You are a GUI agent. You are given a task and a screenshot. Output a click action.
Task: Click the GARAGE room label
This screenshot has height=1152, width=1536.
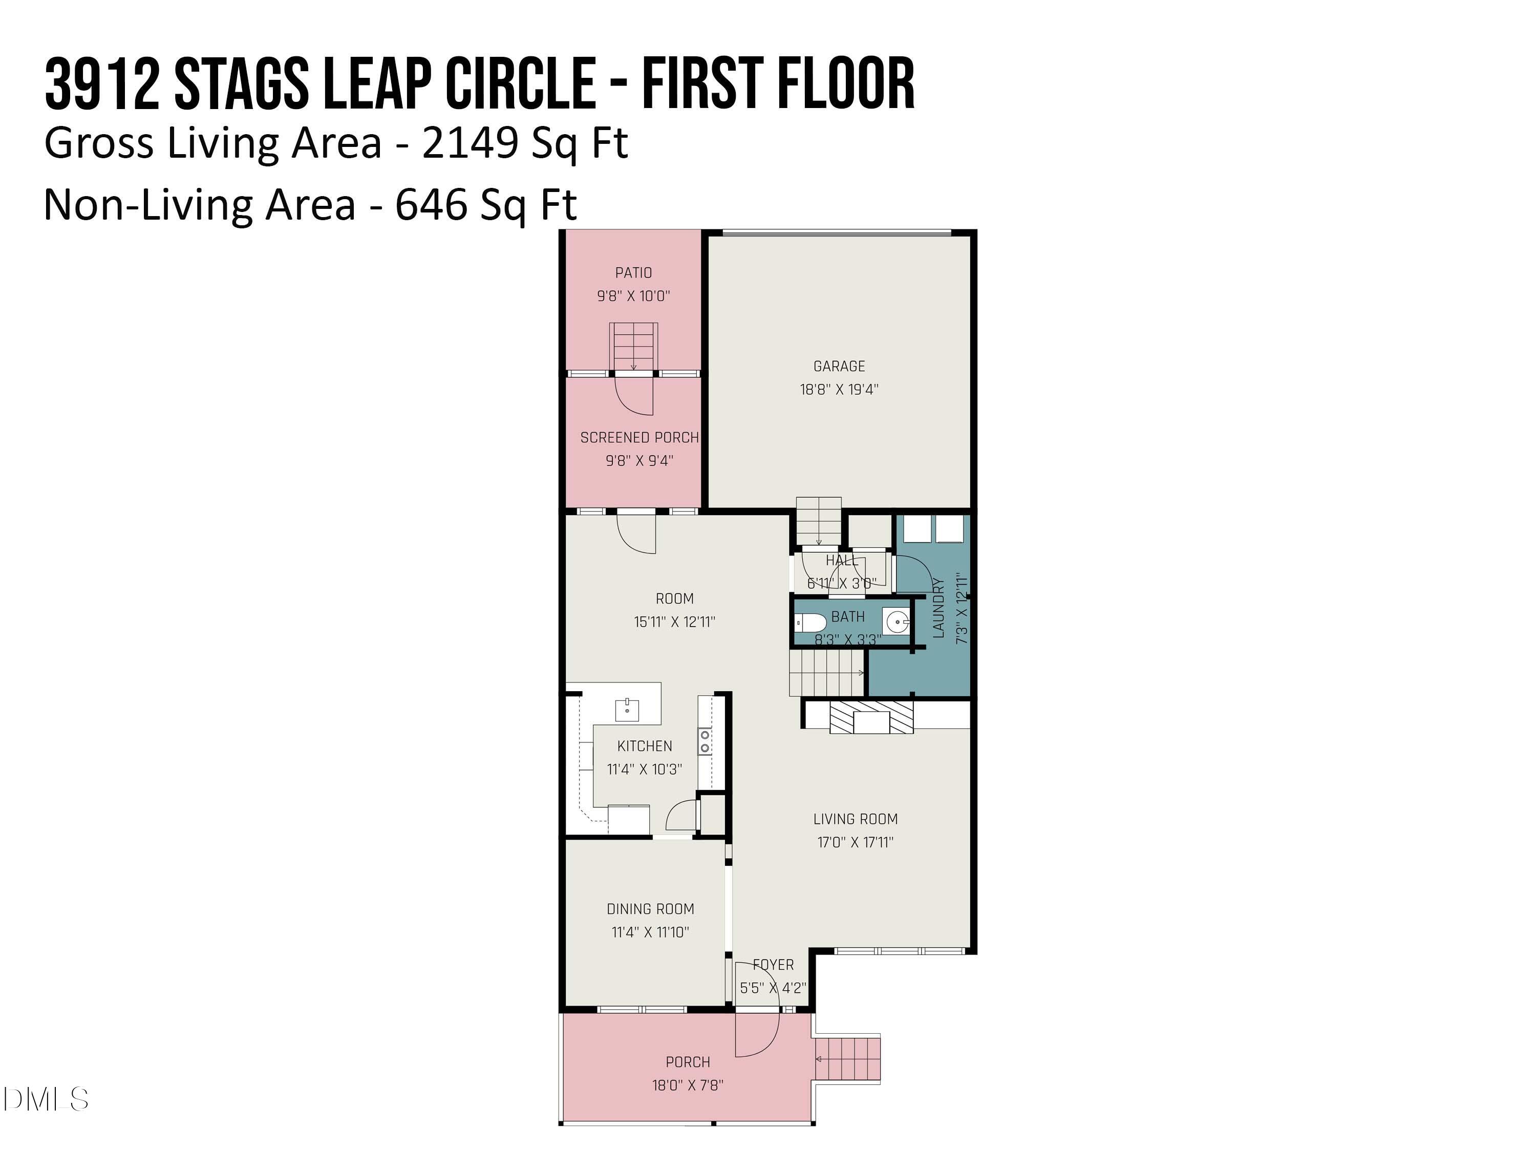tap(839, 366)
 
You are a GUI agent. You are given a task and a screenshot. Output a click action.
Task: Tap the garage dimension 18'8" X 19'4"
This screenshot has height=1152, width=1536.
tap(839, 390)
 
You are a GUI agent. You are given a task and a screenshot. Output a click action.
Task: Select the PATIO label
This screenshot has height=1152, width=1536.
tap(633, 273)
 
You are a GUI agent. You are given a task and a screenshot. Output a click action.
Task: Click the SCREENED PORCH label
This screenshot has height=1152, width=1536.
tap(639, 437)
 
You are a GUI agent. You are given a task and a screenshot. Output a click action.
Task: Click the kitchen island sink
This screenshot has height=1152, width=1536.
tap(627, 710)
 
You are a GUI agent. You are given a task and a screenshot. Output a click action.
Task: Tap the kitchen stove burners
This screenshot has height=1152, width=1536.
tap(705, 741)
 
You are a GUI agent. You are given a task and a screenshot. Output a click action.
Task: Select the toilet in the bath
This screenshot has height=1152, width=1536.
tap(809, 622)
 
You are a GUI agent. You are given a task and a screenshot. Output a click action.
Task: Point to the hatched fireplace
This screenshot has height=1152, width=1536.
tap(871, 717)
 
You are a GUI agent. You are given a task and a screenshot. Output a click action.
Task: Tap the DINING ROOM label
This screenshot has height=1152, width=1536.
tap(650, 909)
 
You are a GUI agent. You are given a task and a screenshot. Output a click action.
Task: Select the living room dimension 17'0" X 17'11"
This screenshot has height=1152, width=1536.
tap(855, 842)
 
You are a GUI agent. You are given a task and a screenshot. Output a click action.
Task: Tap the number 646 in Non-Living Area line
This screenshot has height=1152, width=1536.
tap(431, 205)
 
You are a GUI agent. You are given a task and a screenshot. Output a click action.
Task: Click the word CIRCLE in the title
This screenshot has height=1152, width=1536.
tap(519, 84)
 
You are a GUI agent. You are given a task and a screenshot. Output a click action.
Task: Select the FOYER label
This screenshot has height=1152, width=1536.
tap(773, 965)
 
